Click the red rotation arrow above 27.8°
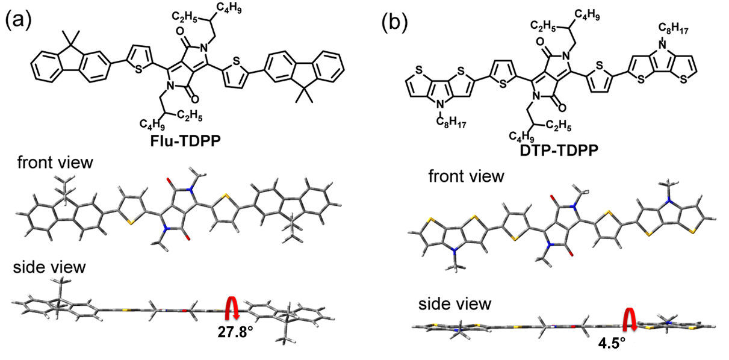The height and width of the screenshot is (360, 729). pos(231,308)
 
